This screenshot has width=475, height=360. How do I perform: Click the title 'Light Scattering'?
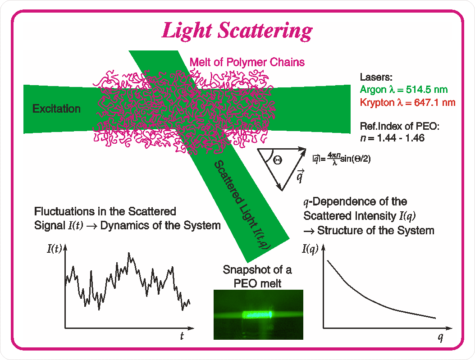tap(237, 31)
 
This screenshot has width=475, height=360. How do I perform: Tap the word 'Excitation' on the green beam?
tap(56, 109)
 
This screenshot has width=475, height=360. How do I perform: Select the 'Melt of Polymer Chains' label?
tap(247, 62)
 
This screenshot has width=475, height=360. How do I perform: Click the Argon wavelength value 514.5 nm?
tap(426, 90)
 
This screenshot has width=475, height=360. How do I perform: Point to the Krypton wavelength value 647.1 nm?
tap(434, 102)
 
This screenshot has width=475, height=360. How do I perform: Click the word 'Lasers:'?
tap(376, 77)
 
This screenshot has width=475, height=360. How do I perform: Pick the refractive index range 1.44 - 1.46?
tap(401, 138)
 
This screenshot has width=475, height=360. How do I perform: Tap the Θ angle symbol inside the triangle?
tap(277, 159)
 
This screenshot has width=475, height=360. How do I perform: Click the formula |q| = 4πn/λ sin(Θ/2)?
tap(342, 159)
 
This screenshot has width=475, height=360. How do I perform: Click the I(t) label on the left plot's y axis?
tap(54, 249)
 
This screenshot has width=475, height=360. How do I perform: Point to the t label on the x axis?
tap(182, 336)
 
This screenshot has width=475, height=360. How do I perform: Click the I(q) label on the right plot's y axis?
tap(310, 249)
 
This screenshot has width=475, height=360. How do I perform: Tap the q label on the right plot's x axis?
tap(440, 337)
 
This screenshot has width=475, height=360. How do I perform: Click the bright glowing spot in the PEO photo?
tap(258, 315)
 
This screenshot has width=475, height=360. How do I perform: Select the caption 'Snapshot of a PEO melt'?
tap(257, 277)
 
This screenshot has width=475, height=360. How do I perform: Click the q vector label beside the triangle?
tap(300, 177)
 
